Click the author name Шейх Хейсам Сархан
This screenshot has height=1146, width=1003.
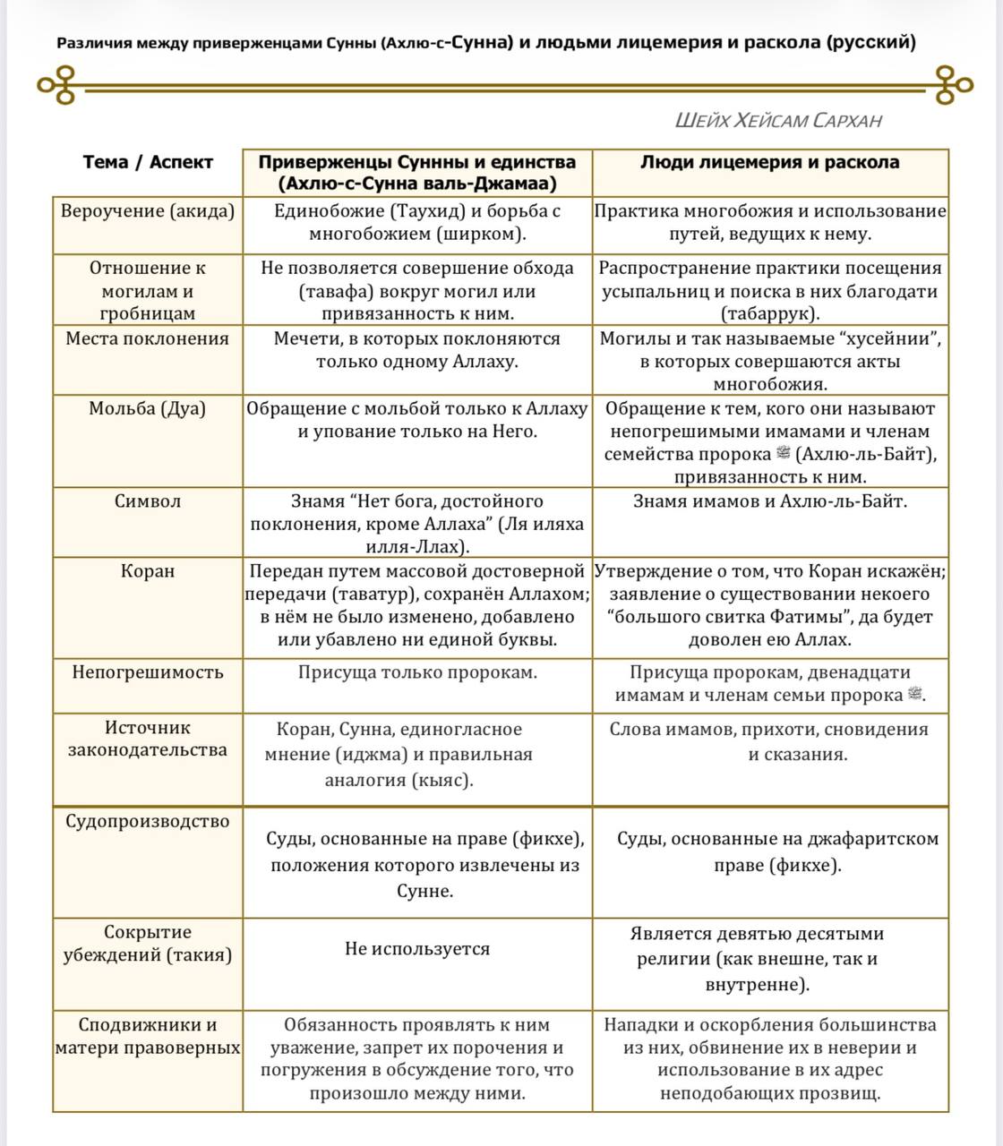(778, 121)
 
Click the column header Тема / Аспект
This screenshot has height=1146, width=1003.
(148, 162)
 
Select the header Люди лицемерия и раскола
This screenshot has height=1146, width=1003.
(770, 162)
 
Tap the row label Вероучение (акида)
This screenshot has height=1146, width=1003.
(148, 211)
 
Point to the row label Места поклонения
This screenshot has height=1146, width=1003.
(148, 338)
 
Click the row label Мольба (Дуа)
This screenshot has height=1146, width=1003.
(148, 408)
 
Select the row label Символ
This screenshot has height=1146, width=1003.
(148, 501)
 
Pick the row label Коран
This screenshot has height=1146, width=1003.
(148, 570)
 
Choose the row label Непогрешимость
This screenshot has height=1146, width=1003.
(148, 672)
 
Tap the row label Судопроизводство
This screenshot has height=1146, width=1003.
(148, 821)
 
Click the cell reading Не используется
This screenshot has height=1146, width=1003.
(417, 949)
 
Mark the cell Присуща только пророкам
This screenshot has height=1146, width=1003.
(417, 672)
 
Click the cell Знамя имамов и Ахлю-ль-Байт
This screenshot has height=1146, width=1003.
(770, 501)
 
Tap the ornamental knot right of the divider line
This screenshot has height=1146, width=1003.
(952, 85)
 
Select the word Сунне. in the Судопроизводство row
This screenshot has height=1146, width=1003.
(425, 892)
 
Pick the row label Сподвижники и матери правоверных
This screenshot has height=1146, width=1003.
(148, 1036)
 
